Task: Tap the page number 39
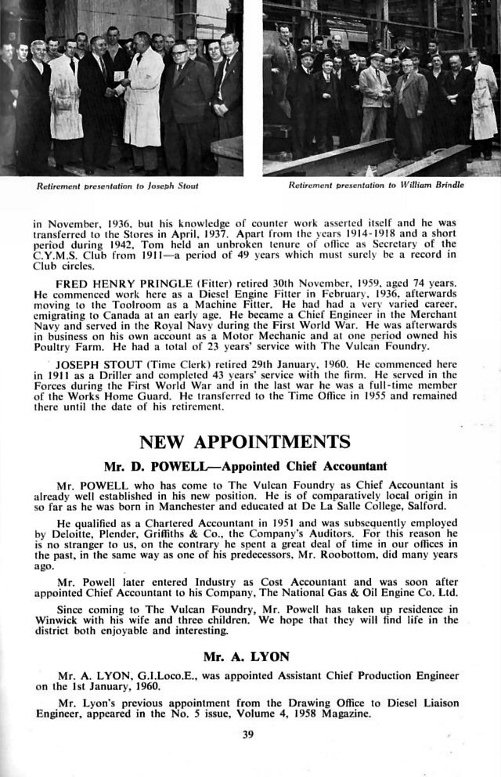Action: tap(250, 734)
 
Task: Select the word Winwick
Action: tap(56, 620)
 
